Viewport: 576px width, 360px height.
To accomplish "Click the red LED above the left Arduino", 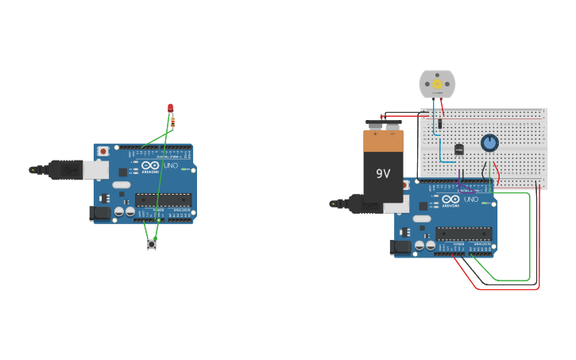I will (x=170, y=107).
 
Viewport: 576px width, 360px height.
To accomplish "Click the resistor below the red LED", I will (x=172, y=122).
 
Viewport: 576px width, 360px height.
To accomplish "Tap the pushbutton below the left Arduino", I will (x=152, y=245).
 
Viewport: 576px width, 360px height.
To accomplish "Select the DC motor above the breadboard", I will (x=437, y=83).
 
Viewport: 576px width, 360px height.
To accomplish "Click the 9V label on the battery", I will (x=383, y=172).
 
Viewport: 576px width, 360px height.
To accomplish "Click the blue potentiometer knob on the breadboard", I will (x=489, y=143).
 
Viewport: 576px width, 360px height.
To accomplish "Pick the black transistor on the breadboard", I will (x=458, y=149).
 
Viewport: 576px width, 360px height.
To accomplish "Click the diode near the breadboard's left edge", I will (x=439, y=123).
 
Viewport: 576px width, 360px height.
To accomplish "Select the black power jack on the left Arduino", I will (x=99, y=212).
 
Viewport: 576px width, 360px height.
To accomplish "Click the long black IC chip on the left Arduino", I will (x=163, y=199).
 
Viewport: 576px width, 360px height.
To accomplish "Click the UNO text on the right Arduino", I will (x=470, y=199).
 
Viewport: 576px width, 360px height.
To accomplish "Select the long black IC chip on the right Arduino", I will (x=463, y=234).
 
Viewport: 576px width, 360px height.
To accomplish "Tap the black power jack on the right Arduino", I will (x=402, y=247).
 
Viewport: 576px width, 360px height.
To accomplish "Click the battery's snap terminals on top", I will (x=384, y=125).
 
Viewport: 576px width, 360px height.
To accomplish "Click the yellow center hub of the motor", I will (x=436, y=83).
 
